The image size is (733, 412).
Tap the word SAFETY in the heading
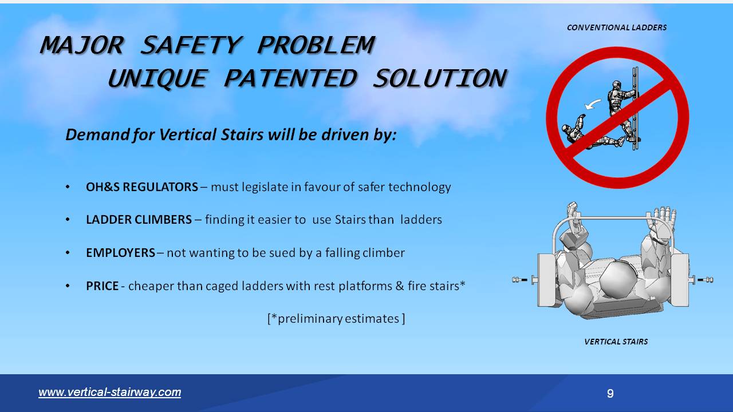click(191, 45)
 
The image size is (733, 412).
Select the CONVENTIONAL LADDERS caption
click(616, 27)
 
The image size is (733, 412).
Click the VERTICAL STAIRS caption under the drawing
click(616, 342)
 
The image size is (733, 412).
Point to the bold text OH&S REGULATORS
click(142, 187)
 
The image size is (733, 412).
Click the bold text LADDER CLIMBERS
click(139, 220)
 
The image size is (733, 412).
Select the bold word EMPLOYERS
click(120, 253)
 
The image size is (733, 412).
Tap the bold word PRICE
click(103, 286)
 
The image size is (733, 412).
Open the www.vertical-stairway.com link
click(109, 393)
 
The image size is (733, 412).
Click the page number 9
click(610, 394)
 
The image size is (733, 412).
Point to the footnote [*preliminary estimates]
click(336, 319)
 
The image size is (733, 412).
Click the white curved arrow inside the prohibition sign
click(593, 104)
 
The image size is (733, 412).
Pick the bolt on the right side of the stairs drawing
click(703, 280)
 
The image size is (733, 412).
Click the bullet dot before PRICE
click(68, 286)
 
